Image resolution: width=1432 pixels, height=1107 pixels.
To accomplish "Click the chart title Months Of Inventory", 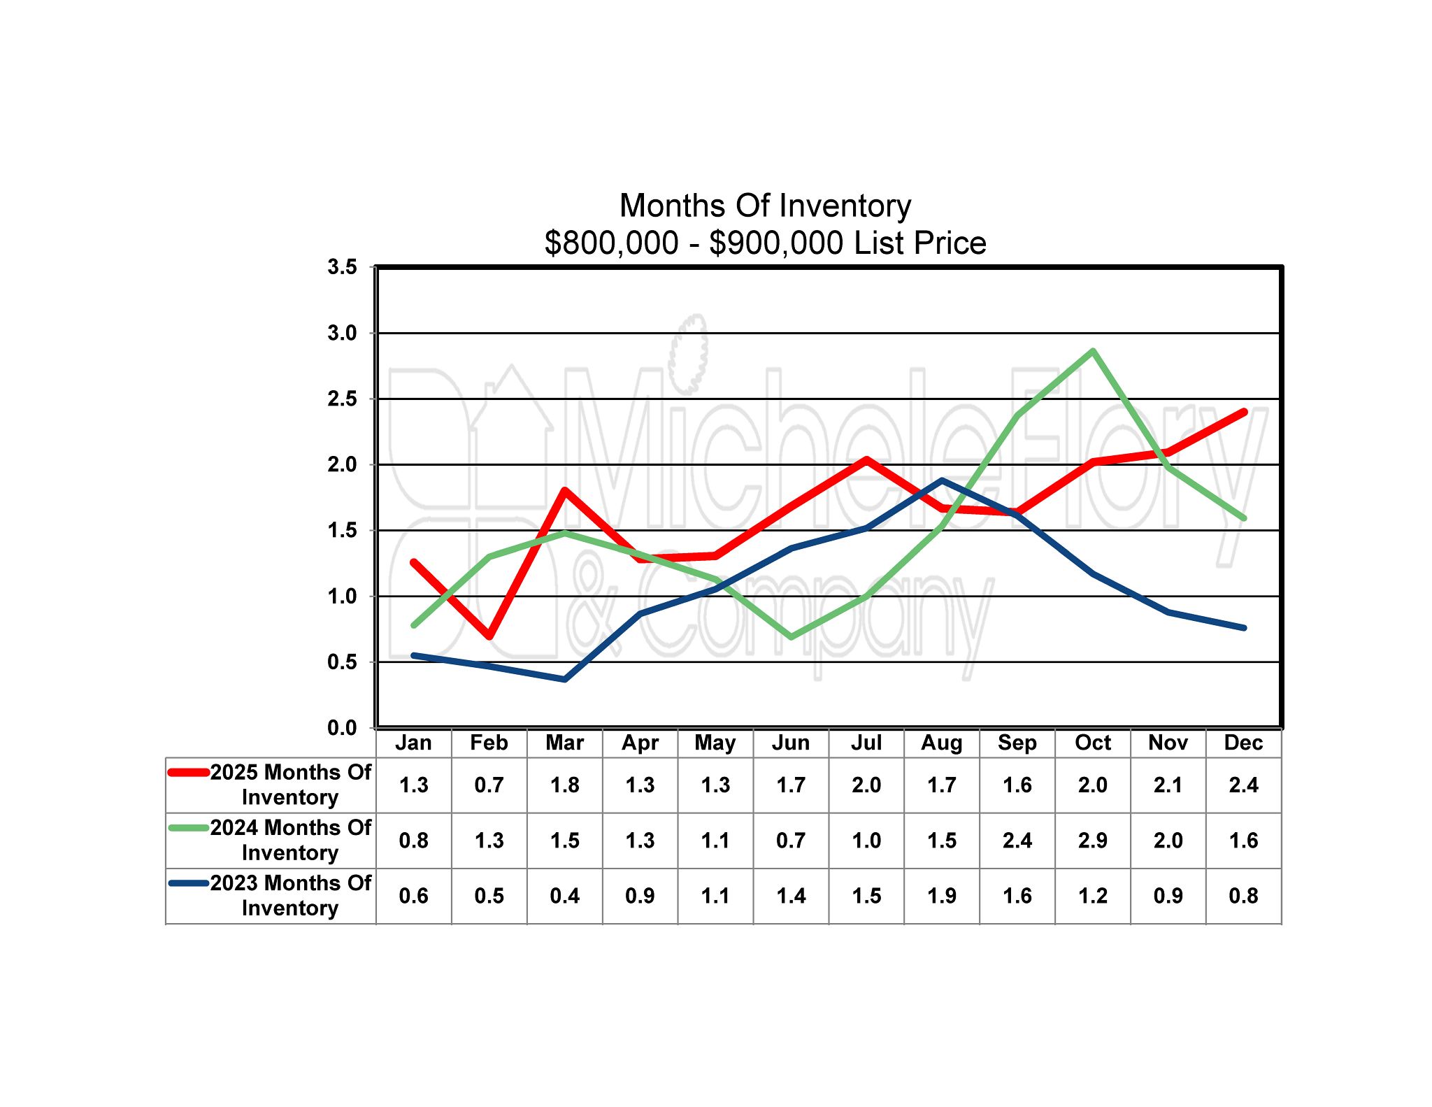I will point(765,206).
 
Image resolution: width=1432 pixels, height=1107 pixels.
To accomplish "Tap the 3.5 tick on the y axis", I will point(342,267).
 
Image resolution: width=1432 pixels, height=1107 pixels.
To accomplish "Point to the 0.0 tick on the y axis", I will point(342,728).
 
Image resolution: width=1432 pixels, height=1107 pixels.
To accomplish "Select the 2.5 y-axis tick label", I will point(342,399).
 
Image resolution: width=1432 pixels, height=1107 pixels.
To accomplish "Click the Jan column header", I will point(413,743).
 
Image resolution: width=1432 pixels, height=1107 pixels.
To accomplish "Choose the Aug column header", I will point(941,743).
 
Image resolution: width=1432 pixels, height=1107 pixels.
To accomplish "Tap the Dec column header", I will point(1243,743).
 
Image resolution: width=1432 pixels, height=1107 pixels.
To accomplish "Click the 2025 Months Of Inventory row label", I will point(290,785).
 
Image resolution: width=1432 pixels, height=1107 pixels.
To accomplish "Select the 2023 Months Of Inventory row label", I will point(290,895).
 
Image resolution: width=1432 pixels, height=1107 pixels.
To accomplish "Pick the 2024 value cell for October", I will point(1092,840).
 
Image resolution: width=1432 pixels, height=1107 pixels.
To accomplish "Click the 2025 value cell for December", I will point(1243,785).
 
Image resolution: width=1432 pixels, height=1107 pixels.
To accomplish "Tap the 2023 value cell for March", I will point(564,895).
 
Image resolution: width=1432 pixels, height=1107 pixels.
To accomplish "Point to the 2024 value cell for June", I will point(791,840).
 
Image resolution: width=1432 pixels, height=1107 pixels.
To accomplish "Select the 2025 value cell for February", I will point(489,785).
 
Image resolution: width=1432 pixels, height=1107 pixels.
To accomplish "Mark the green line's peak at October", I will point(1092,351).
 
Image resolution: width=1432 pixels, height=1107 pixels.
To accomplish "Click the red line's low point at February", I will point(489,636).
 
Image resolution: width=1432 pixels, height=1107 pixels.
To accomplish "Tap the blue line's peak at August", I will point(942,480).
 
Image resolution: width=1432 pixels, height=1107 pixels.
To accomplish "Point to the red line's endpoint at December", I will point(1243,413).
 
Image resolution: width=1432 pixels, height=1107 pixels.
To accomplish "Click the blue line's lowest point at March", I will point(564,679).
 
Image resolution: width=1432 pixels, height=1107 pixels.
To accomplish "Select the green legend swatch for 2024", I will point(189,828).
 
